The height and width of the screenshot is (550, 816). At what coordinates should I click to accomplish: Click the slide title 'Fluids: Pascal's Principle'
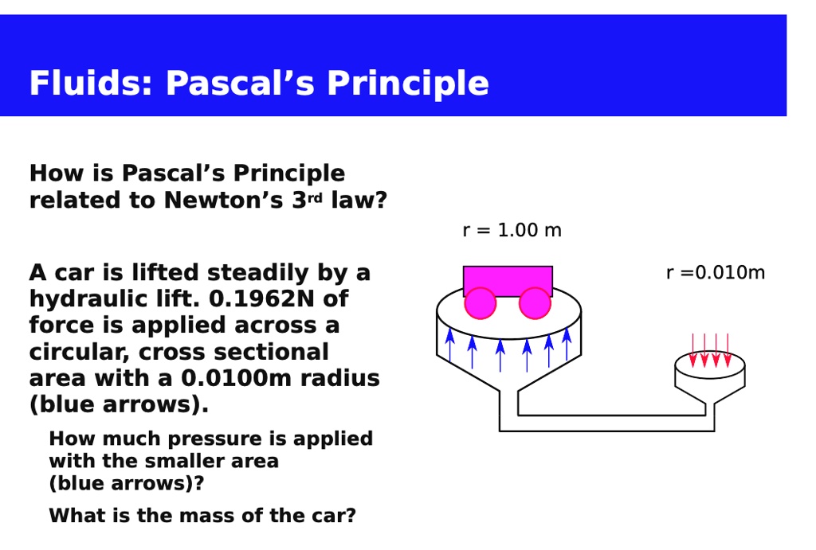click(259, 84)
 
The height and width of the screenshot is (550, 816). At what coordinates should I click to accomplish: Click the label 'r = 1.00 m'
click(512, 231)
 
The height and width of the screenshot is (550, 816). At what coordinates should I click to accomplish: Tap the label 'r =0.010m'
click(715, 273)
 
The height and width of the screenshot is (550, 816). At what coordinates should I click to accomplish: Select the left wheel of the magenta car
click(481, 303)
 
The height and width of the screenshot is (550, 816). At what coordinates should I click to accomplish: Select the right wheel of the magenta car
click(535, 303)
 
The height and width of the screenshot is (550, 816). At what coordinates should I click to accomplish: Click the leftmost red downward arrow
click(693, 350)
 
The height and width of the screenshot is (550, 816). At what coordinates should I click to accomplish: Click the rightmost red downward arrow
click(728, 350)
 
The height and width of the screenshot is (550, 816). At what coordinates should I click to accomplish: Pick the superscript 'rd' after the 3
click(316, 196)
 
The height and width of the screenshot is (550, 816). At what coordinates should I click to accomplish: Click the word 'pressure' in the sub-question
click(227, 439)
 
